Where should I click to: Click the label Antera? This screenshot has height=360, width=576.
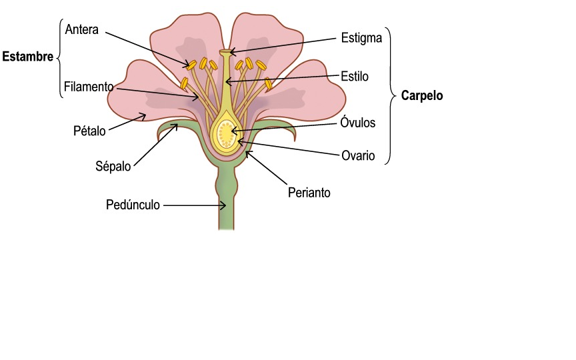coord(82,30)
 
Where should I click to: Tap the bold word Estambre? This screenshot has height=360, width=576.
coord(27,57)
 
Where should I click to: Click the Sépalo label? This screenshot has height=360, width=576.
coord(113,165)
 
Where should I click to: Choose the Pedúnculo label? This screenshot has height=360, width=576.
coord(133,205)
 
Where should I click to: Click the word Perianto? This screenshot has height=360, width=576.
coord(309,193)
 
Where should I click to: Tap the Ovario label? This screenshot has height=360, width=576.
coord(359,157)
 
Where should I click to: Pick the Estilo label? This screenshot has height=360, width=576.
coord(354,76)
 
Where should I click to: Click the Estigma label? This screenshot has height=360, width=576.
coord(361,37)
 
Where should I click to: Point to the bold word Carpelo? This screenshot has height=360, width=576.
coord(422,95)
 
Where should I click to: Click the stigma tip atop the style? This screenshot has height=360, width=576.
coord(227,51)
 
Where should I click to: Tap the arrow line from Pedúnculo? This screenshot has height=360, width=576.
coord(193,206)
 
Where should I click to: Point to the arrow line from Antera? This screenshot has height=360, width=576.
coord(147,47)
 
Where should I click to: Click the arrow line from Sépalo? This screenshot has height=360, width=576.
coord(155,144)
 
